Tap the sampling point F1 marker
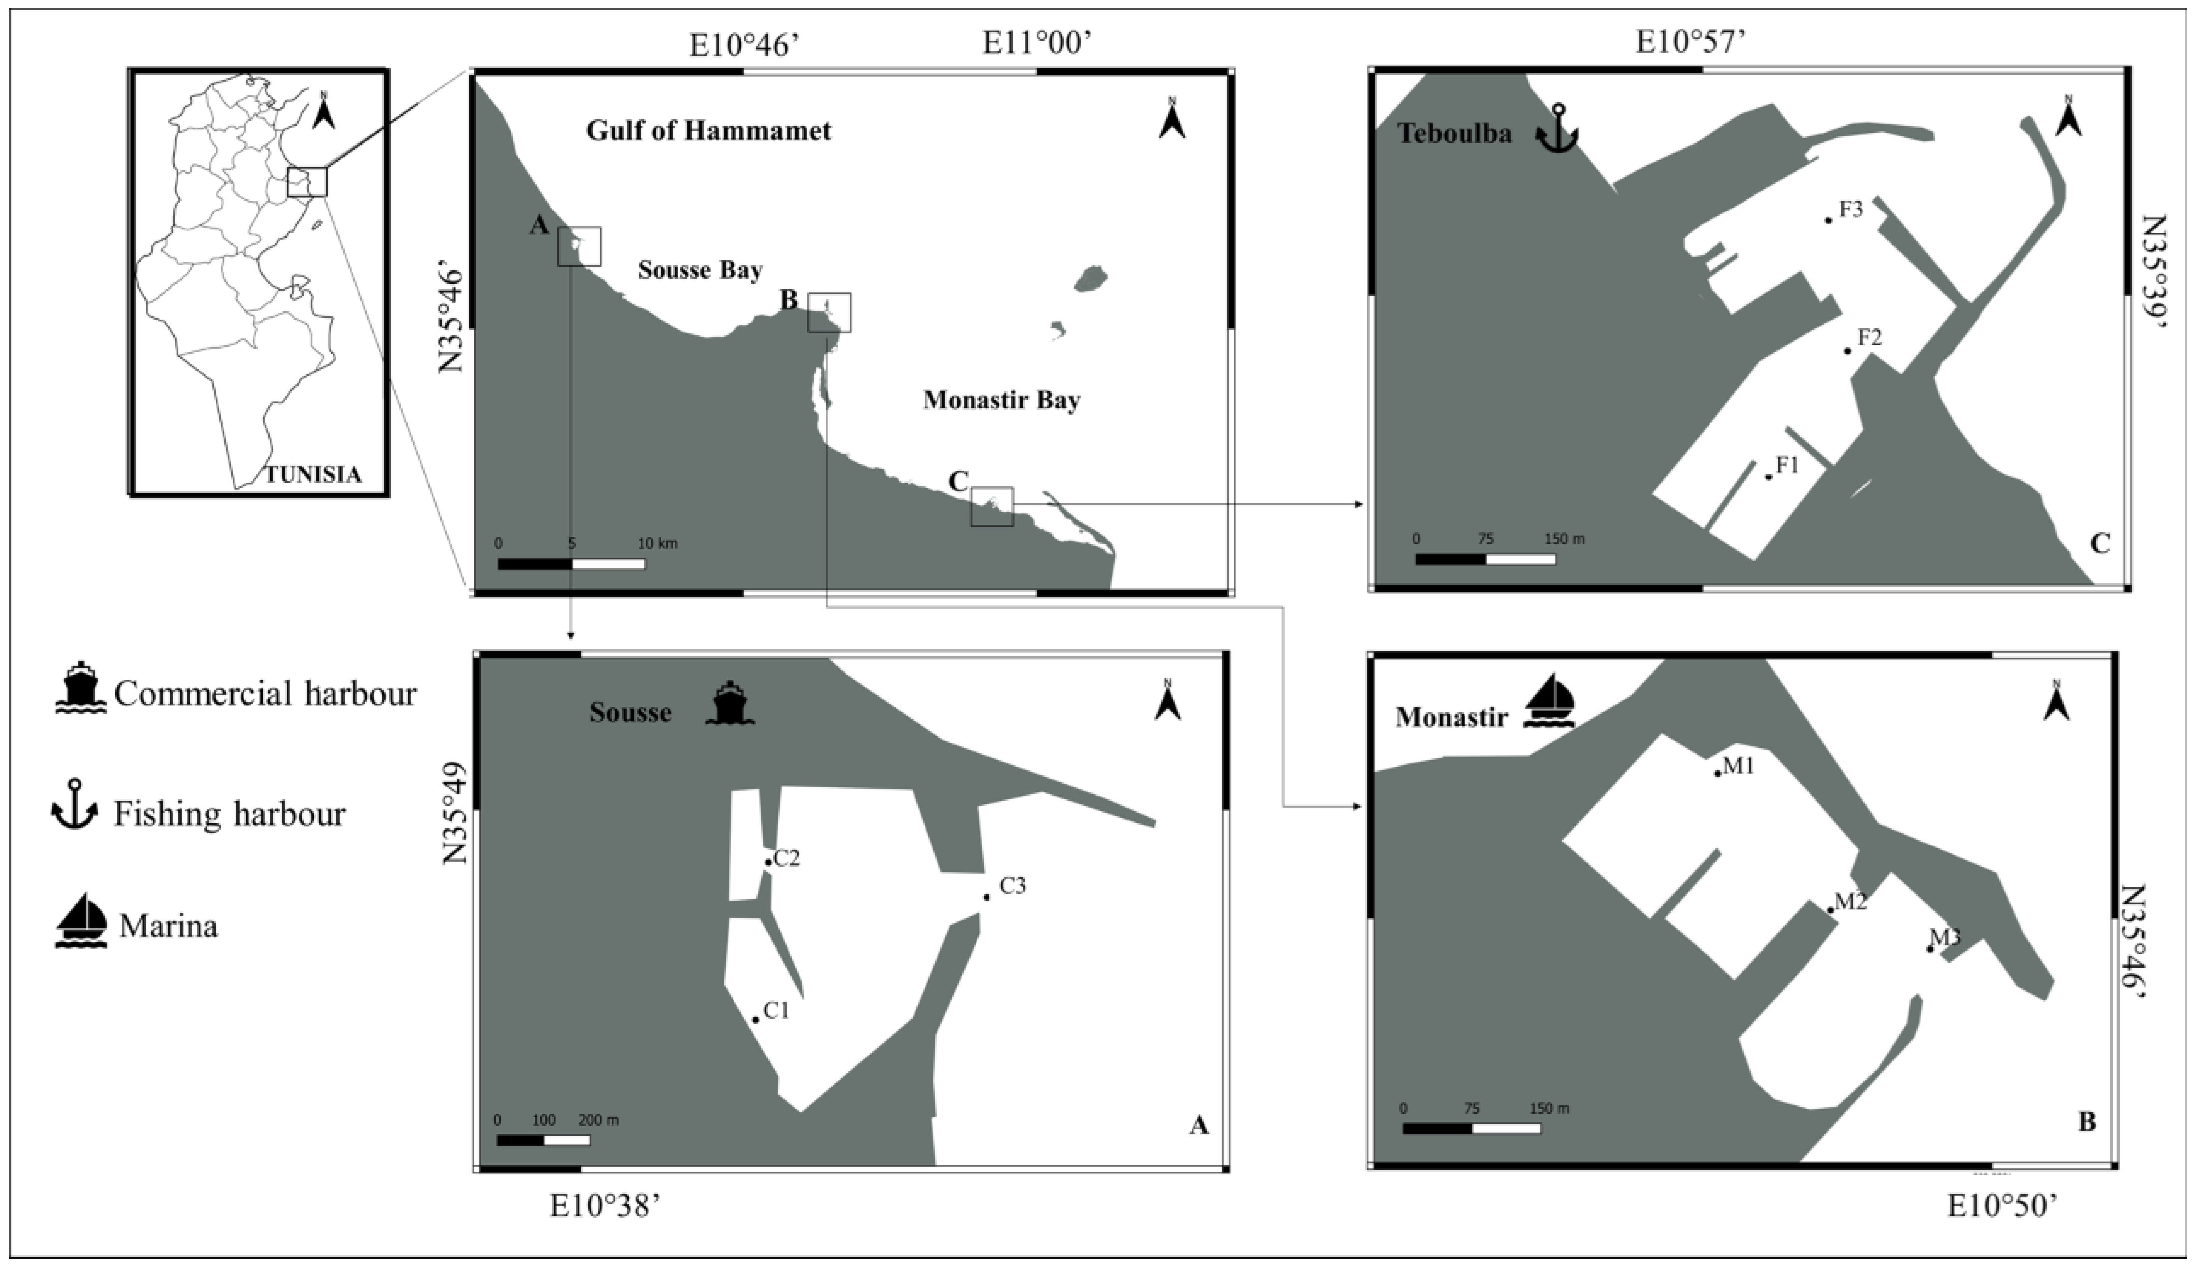pyautogui.click(x=1769, y=477)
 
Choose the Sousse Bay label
pyautogui.click(x=700, y=270)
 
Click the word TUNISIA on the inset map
pyautogui.click(x=313, y=475)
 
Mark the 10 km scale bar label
pyautogui.click(x=657, y=544)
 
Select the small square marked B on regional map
pyautogui.click(x=829, y=313)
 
